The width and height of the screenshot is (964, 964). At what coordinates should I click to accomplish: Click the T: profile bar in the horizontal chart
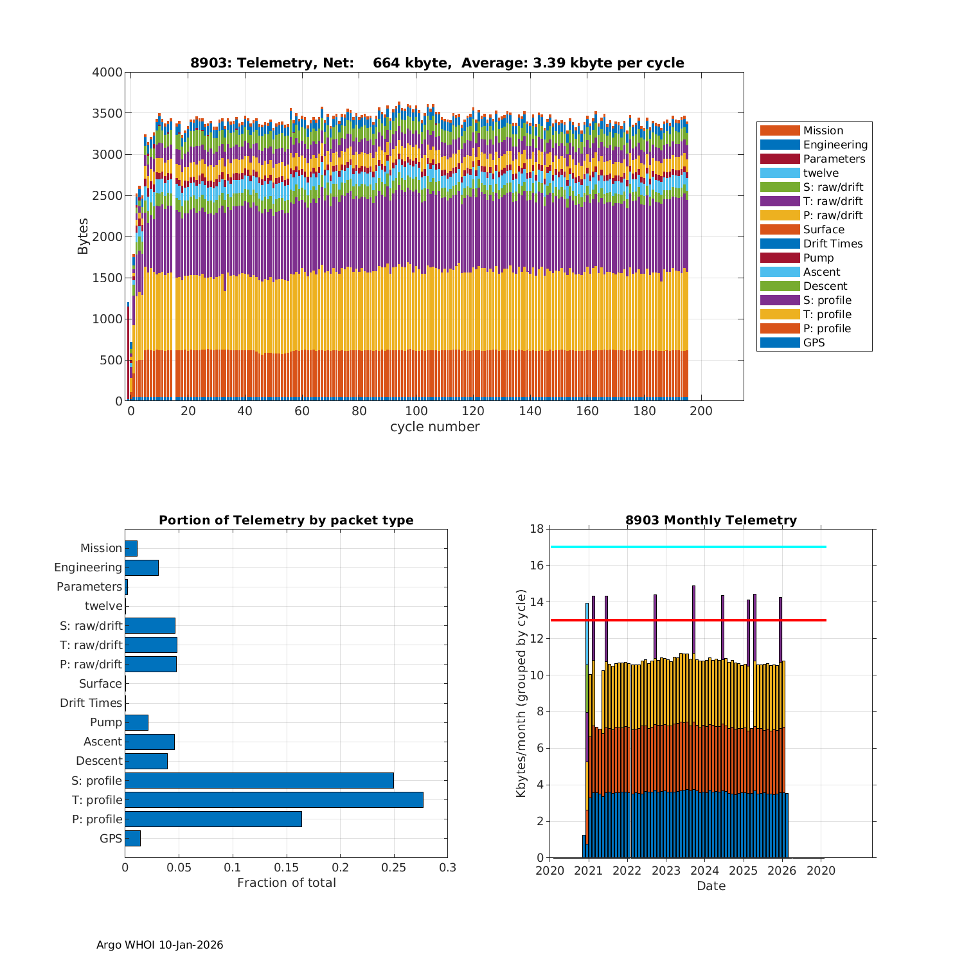click(274, 799)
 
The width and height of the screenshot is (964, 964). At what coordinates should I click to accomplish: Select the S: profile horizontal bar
click(259, 780)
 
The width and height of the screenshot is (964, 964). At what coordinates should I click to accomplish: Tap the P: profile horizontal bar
click(213, 819)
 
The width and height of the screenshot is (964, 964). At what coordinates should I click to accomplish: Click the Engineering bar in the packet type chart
click(141, 567)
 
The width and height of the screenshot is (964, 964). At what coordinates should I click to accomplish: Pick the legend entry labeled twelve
click(821, 173)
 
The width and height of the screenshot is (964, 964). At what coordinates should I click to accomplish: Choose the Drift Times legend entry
click(832, 244)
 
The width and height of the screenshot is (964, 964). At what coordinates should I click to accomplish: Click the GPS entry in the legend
click(814, 343)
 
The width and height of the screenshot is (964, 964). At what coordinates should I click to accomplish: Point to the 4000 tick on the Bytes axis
click(107, 73)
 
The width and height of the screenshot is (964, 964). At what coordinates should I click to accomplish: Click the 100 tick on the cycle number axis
click(416, 411)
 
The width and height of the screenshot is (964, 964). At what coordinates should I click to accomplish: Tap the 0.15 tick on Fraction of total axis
click(287, 868)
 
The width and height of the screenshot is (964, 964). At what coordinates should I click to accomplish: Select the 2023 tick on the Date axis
click(666, 871)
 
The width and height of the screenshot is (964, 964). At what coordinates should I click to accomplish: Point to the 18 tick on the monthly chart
click(537, 529)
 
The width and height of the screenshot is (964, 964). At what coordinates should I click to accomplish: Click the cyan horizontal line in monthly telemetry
click(688, 547)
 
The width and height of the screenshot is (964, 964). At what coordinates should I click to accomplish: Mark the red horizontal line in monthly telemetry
click(688, 620)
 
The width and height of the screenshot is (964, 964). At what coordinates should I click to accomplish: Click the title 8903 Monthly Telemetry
click(711, 521)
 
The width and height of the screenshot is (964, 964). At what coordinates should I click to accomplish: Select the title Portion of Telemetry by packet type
click(286, 521)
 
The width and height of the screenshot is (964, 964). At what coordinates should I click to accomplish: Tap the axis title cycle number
click(434, 427)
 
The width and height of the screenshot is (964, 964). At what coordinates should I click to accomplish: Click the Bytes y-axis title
click(83, 237)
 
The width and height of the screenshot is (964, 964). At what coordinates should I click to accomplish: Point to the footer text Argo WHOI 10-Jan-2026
click(159, 945)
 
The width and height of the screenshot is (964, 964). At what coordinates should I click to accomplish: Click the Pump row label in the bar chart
click(105, 722)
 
